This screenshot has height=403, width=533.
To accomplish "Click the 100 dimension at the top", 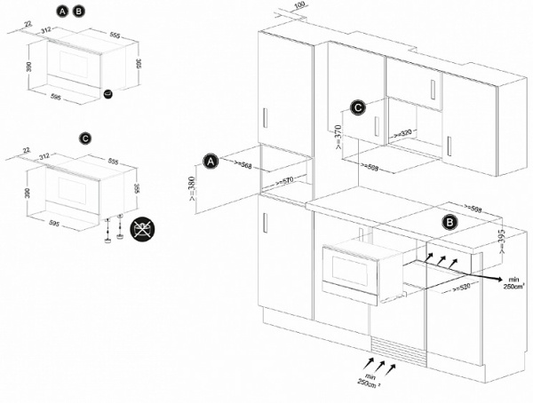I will coord(298,5).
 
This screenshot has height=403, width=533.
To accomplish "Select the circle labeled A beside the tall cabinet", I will coord(211,162).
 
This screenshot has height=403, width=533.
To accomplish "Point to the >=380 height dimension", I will coord(195,187).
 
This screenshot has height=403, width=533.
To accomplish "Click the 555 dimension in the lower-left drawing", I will coord(111,162).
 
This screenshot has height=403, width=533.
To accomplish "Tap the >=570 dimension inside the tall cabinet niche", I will coord(284,180).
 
